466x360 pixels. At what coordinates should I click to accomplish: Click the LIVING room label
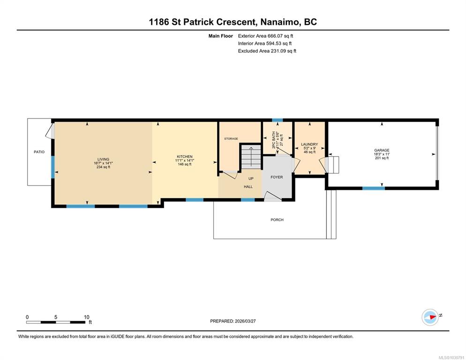pyautogui.click(x=104, y=159)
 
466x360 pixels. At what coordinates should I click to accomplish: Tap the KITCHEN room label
pyautogui.click(x=185, y=157)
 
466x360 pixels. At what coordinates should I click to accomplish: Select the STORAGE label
pyautogui.click(x=231, y=139)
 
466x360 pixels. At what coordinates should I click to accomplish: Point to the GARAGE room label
pyautogui.click(x=382, y=150)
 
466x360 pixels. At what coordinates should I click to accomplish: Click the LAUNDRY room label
pyautogui.click(x=309, y=144)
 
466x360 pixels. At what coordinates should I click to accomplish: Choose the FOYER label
pyautogui.click(x=277, y=177)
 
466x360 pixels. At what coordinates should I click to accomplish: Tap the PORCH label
pyautogui.click(x=277, y=220)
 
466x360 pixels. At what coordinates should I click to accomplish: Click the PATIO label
pyautogui.click(x=39, y=152)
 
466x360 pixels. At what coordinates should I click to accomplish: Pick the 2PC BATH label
pyautogui.click(x=274, y=140)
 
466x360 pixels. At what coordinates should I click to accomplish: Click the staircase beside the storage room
pyautogui.click(x=251, y=157)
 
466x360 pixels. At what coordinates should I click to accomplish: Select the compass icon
pyautogui.click(x=430, y=317)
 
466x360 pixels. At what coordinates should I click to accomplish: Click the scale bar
pyautogui.click(x=56, y=322)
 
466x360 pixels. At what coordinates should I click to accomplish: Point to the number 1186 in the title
pyautogui.click(x=159, y=22)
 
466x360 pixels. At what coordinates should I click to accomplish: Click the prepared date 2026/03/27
pyautogui.click(x=245, y=321)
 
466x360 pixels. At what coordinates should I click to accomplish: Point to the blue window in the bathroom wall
pyautogui.click(x=277, y=120)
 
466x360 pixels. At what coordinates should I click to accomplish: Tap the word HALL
pyautogui.click(x=248, y=187)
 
